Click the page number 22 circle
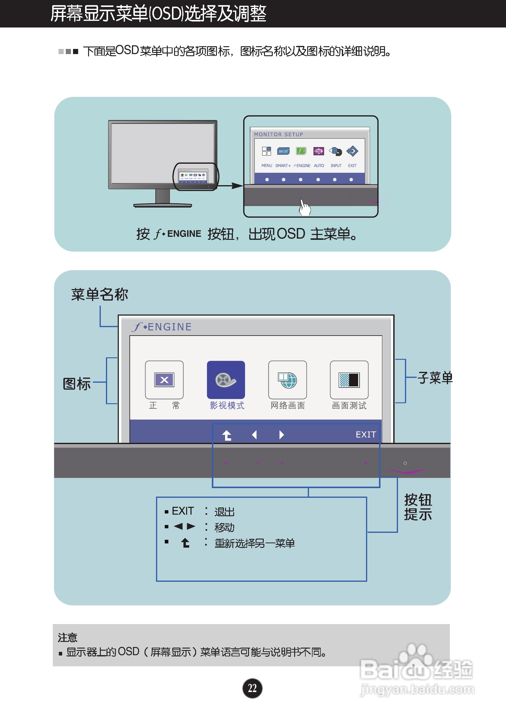tap(252, 688)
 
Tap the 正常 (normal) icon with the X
tap(164, 380)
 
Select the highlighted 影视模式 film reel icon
tap(226, 380)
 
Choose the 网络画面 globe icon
tap(287, 380)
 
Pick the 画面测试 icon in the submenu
tap(349, 380)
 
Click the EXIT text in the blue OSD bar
tap(366, 434)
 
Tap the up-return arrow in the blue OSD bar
tap(227, 435)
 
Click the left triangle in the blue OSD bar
tap(255, 435)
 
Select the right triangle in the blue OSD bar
tap(282, 435)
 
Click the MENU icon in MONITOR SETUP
tap(266, 151)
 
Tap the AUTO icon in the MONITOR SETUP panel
tap(319, 151)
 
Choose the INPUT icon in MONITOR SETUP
tap(336, 151)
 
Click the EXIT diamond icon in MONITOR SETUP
tap(352, 151)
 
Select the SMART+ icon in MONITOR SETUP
tap(283, 151)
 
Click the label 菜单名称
tap(100, 294)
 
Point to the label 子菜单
tap(435, 378)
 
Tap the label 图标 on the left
tap(77, 383)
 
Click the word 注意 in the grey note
tap(68, 637)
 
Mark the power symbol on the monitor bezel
tap(405, 463)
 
